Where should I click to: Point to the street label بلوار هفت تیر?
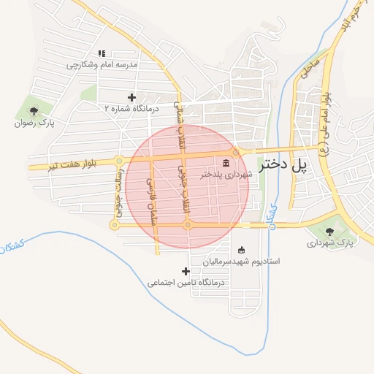click(72, 162)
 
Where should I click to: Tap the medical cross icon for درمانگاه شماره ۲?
click(131, 97)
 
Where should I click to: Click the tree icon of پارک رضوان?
click(34, 111)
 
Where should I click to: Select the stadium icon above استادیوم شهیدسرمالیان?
click(242, 249)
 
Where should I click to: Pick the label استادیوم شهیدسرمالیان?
click(242, 260)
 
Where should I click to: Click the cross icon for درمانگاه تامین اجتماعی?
click(186, 271)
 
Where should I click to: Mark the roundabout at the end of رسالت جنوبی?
click(114, 225)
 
